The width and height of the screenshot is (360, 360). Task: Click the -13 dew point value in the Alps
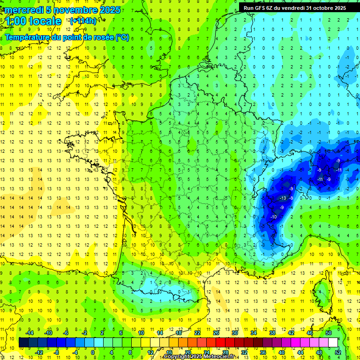[283, 198]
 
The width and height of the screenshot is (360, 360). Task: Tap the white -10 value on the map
[273, 217]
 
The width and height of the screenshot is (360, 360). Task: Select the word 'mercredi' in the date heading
[23, 10]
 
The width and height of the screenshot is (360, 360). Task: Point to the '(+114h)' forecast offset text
[83, 21]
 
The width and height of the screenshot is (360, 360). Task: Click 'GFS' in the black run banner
[262, 7]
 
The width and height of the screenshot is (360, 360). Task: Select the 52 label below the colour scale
[338, 352]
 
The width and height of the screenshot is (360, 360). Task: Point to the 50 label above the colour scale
[329, 332]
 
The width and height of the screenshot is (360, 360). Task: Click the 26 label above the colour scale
[216, 332]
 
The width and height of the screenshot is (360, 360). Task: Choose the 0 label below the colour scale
[93, 352]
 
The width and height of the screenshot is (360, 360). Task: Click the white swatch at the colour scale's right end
[333, 342]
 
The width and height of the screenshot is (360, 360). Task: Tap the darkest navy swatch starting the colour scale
[23, 342]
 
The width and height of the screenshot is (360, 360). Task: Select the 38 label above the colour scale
[272, 332]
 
